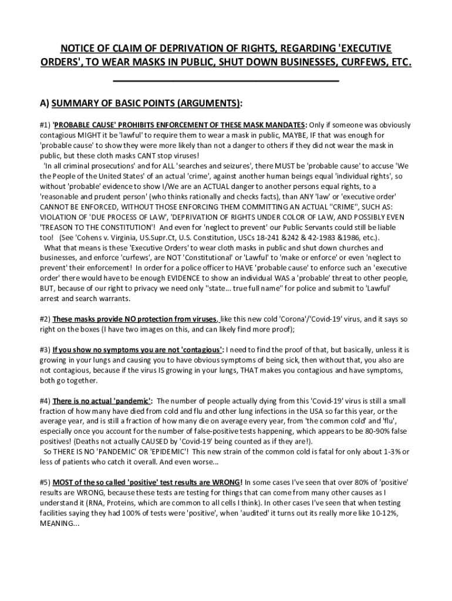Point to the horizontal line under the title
[x=225, y=79]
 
